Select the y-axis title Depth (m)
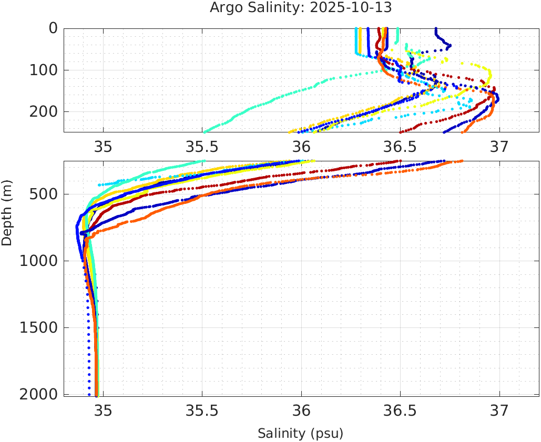[7, 211]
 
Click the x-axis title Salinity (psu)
[300, 434]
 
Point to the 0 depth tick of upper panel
[53, 28]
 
